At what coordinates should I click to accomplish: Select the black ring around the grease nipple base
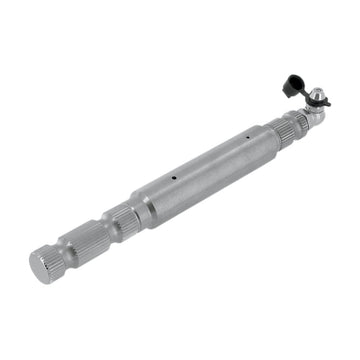coord(309,103)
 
